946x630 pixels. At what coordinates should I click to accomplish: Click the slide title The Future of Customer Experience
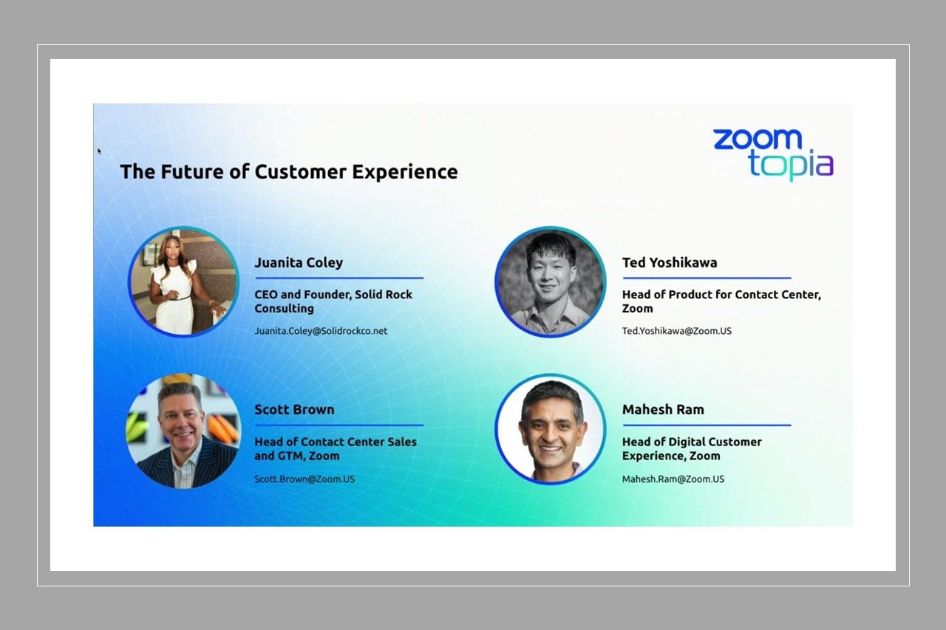(289, 172)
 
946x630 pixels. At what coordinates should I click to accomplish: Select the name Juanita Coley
(299, 263)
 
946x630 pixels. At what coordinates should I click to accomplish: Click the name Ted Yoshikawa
(669, 263)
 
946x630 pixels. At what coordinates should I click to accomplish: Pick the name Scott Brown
(294, 410)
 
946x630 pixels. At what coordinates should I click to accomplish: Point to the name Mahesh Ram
(663, 410)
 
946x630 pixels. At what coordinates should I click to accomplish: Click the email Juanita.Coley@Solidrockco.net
(321, 331)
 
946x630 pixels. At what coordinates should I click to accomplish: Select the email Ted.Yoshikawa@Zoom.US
(676, 331)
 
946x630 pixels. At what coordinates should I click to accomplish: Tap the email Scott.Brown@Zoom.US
(304, 479)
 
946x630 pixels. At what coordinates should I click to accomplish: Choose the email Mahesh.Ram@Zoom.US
(673, 479)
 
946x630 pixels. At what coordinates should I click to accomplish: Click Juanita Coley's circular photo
(183, 282)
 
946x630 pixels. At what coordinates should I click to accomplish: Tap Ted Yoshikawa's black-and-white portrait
(550, 282)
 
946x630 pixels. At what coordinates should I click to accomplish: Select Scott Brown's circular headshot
(183, 431)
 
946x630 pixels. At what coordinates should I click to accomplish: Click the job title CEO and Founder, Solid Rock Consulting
(333, 301)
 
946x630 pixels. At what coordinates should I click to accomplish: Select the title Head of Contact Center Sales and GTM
(336, 449)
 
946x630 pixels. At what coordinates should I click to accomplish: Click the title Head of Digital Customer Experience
(692, 449)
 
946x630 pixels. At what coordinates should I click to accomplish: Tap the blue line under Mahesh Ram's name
(706, 425)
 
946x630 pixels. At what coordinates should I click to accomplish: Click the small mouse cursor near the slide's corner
(100, 151)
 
